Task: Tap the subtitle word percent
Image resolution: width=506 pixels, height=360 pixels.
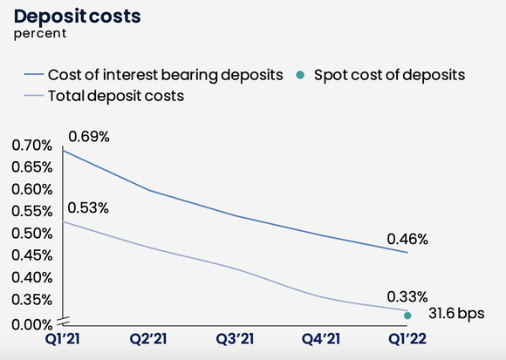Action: coord(38,36)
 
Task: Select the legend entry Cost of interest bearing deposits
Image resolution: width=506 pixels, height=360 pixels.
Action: coord(166,75)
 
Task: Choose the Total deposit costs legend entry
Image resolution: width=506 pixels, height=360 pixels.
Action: coord(115,96)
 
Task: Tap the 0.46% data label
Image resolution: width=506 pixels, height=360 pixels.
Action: coord(408,238)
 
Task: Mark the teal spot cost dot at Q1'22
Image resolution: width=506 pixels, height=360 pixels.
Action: coord(408,315)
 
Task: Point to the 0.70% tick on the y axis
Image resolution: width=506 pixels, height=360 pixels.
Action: coord(32,146)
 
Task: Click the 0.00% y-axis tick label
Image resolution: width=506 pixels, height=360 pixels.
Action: coord(32,325)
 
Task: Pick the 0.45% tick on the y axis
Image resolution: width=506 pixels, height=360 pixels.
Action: coord(32,255)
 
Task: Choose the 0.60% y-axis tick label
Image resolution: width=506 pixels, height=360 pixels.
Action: coord(32,189)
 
